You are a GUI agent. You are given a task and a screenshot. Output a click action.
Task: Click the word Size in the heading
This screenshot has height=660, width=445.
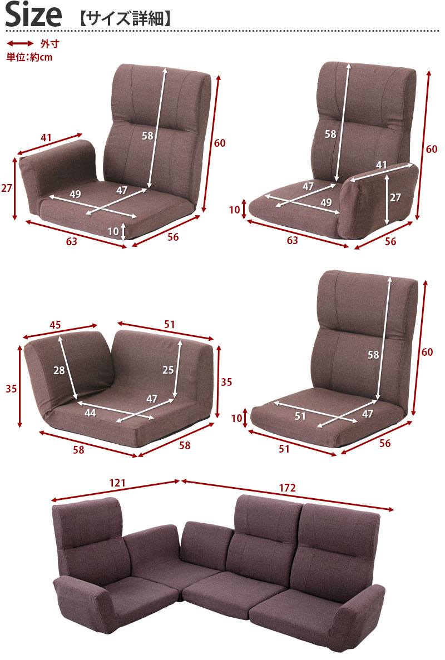[x=34, y=14]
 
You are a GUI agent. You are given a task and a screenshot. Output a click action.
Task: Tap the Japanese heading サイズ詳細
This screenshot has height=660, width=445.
[x=125, y=19]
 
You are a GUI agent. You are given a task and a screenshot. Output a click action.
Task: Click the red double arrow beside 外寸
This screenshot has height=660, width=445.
[x=20, y=43]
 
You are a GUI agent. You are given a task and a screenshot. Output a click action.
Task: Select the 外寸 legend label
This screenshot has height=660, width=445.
[x=50, y=43]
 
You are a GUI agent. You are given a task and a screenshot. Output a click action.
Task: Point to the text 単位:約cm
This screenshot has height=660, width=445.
[x=29, y=57]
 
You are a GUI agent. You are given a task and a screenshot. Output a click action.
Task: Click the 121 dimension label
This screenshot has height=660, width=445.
[x=117, y=483]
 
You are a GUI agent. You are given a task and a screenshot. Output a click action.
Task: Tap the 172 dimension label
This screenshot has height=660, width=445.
[x=288, y=488]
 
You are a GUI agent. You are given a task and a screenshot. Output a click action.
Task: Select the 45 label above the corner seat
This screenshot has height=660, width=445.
[x=55, y=325]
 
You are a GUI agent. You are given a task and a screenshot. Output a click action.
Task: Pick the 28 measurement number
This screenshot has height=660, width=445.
[x=59, y=370]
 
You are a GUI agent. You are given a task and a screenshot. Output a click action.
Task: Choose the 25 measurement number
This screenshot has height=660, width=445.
[x=168, y=370]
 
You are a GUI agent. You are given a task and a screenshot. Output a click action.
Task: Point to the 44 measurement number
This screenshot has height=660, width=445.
[x=90, y=413]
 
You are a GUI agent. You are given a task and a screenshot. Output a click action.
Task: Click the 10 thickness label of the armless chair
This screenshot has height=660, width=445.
[x=236, y=418]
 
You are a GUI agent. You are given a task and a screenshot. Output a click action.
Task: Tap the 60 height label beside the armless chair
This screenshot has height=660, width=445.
[x=427, y=352]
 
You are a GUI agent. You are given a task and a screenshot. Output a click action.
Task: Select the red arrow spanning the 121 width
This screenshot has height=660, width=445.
[x=116, y=491]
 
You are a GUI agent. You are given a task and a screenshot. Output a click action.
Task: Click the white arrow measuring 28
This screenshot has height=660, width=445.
[x=68, y=367]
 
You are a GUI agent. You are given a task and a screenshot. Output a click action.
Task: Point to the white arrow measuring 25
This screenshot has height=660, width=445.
[x=177, y=369]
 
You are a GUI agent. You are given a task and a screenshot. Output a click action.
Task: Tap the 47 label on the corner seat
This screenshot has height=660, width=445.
[x=151, y=398]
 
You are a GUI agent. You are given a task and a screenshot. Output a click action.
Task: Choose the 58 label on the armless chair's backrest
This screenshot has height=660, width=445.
[x=373, y=354]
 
